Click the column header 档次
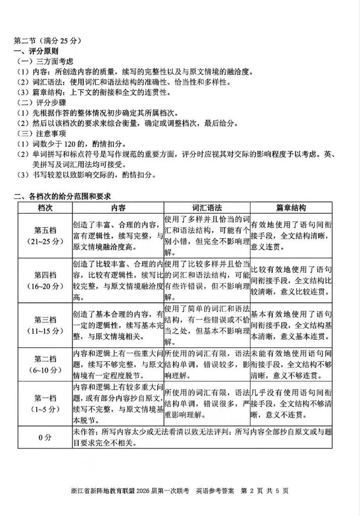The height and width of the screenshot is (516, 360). tap(45, 207)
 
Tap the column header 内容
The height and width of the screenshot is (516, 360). tap(118, 207)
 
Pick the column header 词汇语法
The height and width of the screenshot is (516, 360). tap(207, 207)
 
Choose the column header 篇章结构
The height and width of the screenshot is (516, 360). tap(291, 207)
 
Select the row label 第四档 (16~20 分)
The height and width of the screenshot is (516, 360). tap(45, 280)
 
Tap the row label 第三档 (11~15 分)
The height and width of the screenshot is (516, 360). tap(45, 325)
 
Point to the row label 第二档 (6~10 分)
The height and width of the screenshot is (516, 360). tap(45, 364)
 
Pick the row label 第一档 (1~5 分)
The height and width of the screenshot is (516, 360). tap(45, 404)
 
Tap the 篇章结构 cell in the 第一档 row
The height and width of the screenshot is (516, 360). tap(291, 404)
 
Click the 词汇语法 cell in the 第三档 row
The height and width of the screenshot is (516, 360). tap(207, 325)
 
